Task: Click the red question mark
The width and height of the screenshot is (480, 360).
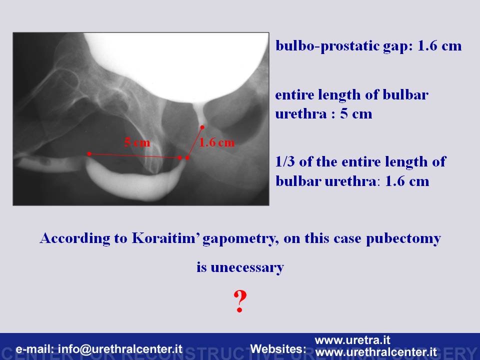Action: [x=240, y=301]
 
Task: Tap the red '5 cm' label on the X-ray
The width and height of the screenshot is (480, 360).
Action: [x=137, y=142]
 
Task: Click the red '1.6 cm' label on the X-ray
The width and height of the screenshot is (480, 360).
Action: [x=216, y=142]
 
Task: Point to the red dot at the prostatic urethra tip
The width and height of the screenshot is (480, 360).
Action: [x=202, y=127]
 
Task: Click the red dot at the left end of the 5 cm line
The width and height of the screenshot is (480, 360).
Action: [x=89, y=153]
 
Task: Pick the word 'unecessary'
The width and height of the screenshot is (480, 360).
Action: [x=247, y=267]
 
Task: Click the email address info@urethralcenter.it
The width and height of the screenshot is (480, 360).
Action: [x=120, y=349]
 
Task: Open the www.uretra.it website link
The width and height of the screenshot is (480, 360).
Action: [x=352, y=340]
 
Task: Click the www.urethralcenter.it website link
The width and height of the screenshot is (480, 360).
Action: [x=376, y=352]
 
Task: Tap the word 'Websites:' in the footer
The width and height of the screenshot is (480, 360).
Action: [x=278, y=349]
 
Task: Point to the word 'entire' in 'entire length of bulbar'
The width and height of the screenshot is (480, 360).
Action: [x=294, y=95]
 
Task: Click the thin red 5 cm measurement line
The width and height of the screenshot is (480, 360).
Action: [x=134, y=156]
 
